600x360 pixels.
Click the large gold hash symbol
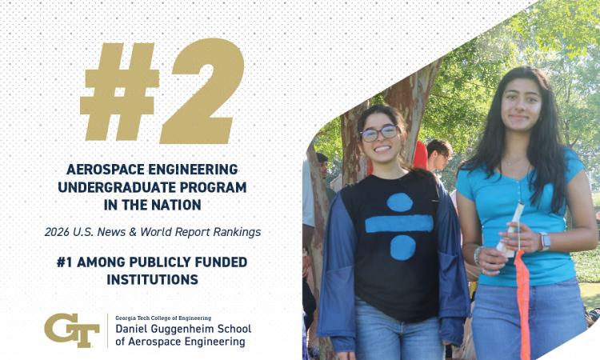(x=119, y=91)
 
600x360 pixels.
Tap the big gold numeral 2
(x=202, y=91)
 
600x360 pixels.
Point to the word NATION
(x=177, y=205)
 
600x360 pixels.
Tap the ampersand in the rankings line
(x=133, y=232)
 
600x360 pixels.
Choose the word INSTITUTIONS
(x=152, y=280)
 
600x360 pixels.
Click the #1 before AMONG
(x=64, y=262)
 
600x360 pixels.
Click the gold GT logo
(x=72, y=330)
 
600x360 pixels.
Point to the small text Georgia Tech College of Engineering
(x=163, y=318)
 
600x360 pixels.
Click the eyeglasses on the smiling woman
(x=379, y=133)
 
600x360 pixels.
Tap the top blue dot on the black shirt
(x=399, y=202)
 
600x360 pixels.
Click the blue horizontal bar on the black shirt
(x=399, y=224)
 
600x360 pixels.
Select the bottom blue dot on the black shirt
(x=403, y=247)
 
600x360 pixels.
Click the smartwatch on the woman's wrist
(x=545, y=242)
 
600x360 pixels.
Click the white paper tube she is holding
(x=510, y=230)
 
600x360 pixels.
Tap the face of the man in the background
(x=440, y=156)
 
